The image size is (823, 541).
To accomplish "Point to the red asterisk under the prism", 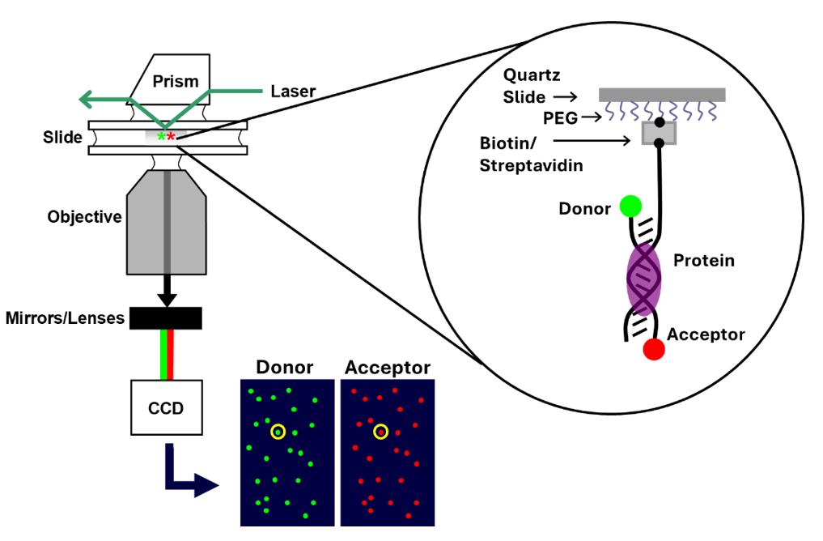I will click(x=171, y=136).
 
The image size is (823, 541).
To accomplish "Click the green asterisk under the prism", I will click(x=161, y=136).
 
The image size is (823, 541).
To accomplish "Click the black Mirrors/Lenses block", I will click(x=166, y=318).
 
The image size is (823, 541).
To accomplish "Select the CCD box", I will click(x=166, y=407).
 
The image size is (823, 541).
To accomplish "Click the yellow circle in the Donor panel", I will click(x=278, y=432).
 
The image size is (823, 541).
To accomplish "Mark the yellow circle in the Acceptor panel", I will click(x=380, y=432).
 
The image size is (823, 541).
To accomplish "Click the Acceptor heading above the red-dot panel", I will click(x=387, y=368).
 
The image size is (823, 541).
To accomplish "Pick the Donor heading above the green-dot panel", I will click(x=284, y=368).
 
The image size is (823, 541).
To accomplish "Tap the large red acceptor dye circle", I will click(x=654, y=349).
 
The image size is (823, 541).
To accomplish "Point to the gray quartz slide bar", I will click(x=661, y=95).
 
